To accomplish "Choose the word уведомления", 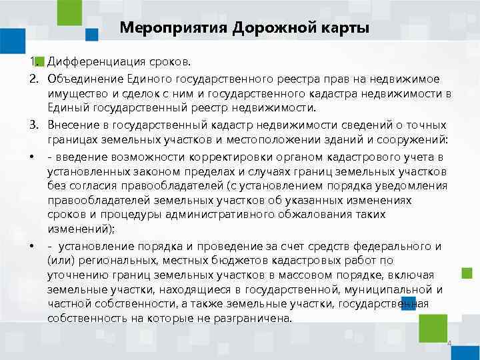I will coord(407,186).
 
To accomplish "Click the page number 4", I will coord(449,344).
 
